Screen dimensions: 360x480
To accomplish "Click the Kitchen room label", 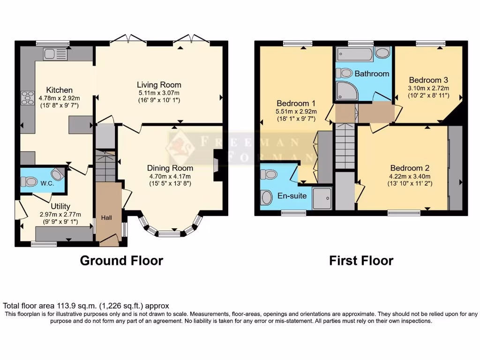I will pyautogui.click(x=59, y=90).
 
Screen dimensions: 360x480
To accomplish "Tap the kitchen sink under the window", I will pyautogui.click(x=55, y=54).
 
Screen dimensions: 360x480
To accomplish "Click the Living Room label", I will pyautogui.click(x=159, y=85).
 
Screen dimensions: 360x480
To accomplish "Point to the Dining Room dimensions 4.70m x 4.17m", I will pyautogui.click(x=170, y=177).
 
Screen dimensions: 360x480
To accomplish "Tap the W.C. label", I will pyautogui.click(x=47, y=183).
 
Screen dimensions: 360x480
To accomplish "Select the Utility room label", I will pyautogui.click(x=60, y=206).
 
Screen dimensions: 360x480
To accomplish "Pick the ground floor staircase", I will pyautogui.click(x=105, y=166).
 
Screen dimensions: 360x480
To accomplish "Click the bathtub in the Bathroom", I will pyautogui.click(x=354, y=54).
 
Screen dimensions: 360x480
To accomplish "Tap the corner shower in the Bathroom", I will pyautogui.click(x=346, y=90).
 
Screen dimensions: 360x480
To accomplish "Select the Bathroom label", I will pyautogui.click(x=372, y=74).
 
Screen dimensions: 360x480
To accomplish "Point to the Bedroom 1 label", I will pyautogui.click(x=296, y=103).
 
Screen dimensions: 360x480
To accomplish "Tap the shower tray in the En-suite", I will pyautogui.click(x=322, y=198).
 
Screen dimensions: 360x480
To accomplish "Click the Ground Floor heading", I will pyautogui.click(x=121, y=260).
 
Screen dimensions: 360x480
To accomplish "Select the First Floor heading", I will pyautogui.click(x=361, y=260).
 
